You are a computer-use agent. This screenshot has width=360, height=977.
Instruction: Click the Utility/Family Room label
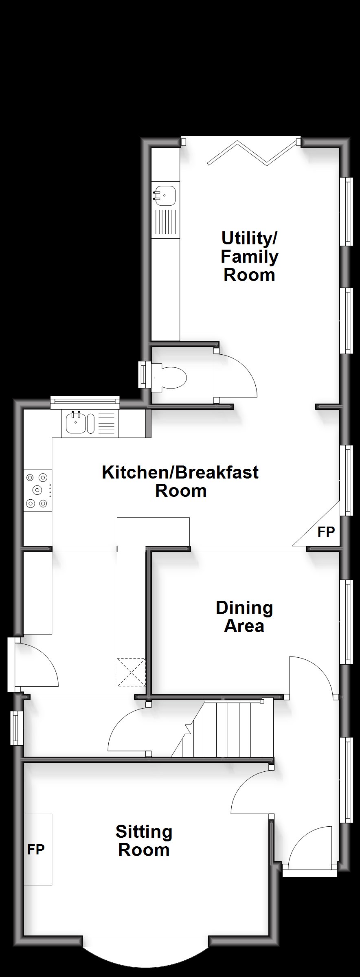coord(249,257)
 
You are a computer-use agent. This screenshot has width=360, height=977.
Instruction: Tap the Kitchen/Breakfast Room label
coord(180,481)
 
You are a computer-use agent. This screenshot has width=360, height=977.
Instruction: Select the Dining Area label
coord(244,617)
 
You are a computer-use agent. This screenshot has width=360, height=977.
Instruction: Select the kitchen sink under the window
coord(89,424)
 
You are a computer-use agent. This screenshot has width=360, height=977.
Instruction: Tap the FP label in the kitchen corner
coord(326,531)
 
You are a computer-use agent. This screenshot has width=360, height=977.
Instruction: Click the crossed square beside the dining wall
coord(131,673)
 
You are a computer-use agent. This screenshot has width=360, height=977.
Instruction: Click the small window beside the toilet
coord(143,375)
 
